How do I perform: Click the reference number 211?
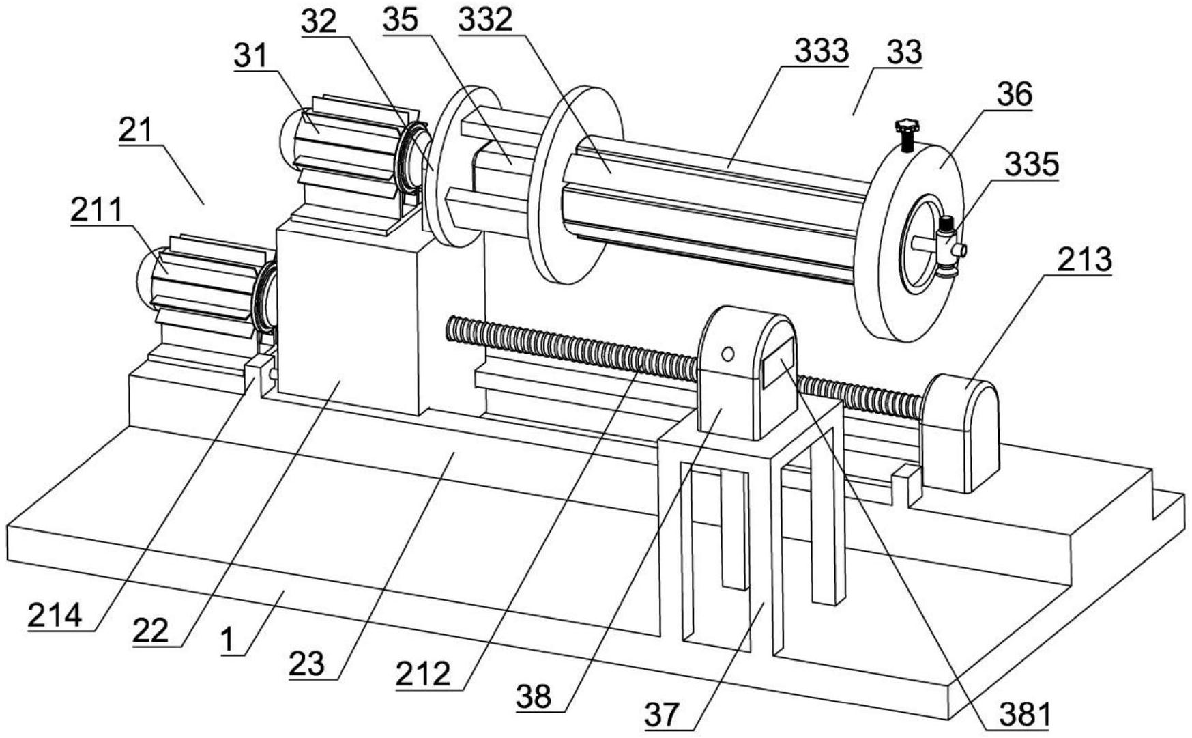click(96, 210)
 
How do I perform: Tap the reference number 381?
click(1024, 715)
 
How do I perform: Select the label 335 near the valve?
click(1031, 165)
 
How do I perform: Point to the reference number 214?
click(54, 615)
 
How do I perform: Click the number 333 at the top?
click(822, 51)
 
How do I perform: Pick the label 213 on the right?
click(1084, 259)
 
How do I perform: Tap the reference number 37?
click(663, 715)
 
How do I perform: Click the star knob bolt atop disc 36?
click(907, 134)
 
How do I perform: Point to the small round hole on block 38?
click(728, 354)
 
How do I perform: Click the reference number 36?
click(1015, 94)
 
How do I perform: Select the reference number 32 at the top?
click(321, 21)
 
